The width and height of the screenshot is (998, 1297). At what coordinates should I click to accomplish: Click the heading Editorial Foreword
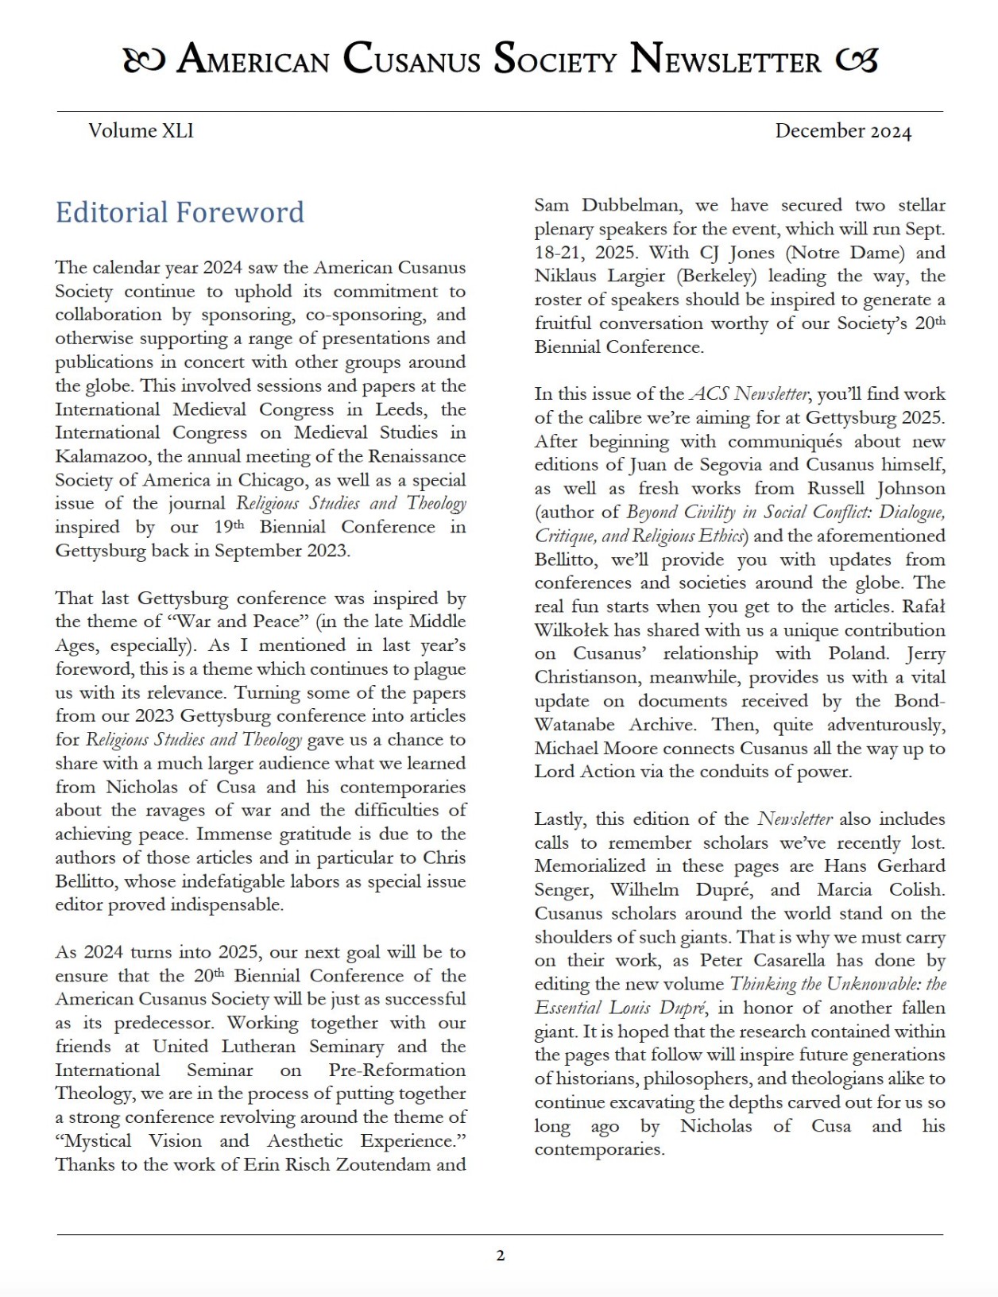180,212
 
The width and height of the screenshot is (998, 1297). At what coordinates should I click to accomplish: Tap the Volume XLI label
141,130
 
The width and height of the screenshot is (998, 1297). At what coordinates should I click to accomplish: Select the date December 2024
843,130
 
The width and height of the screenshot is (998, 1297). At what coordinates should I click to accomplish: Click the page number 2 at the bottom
500,1256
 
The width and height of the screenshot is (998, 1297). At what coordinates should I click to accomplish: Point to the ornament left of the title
144,60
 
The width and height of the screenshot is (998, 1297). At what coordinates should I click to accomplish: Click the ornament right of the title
857,60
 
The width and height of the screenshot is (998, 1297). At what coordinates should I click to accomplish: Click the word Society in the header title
555,59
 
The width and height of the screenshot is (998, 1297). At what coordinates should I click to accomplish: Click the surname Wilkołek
577,630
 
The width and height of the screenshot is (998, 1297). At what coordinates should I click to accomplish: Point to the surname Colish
916,889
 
